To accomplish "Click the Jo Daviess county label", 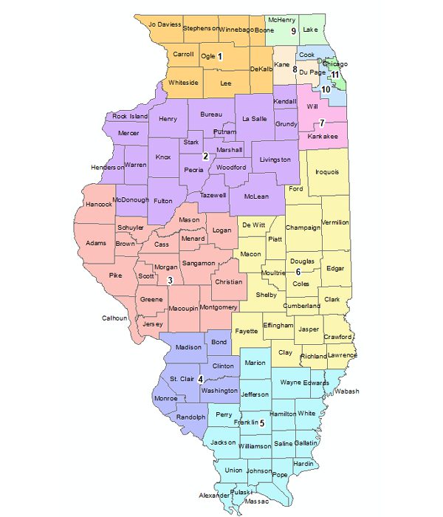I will pyautogui.click(x=165, y=24).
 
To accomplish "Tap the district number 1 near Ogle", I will pyautogui.click(x=219, y=56).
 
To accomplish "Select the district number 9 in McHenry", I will pyautogui.click(x=293, y=31).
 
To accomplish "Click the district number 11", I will pyautogui.click(x=334, y=75).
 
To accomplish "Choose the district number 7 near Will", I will pyautogui.click(x=321, y=122).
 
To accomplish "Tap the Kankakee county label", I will pyautogui.click(x=322, y=137).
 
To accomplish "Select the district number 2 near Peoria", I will pyautogui.click(x=205, y=156).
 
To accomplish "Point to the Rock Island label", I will pyautogui.click(x=130, y=117).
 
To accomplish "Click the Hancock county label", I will pyautogui.click(x=99, y=204).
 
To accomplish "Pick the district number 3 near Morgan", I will pyautogui.click(x=170, y=279).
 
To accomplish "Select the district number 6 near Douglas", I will pyautogui.click(x=298, y=273).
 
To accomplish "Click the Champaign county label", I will pyautogui.click(x=303, y=227).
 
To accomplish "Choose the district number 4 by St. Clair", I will pyautogui.click(x=200, y=379).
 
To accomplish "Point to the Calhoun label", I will pyautogui.click(x=115, y=318).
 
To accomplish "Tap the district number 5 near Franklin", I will pyautogui.click(x=261, y=423).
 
